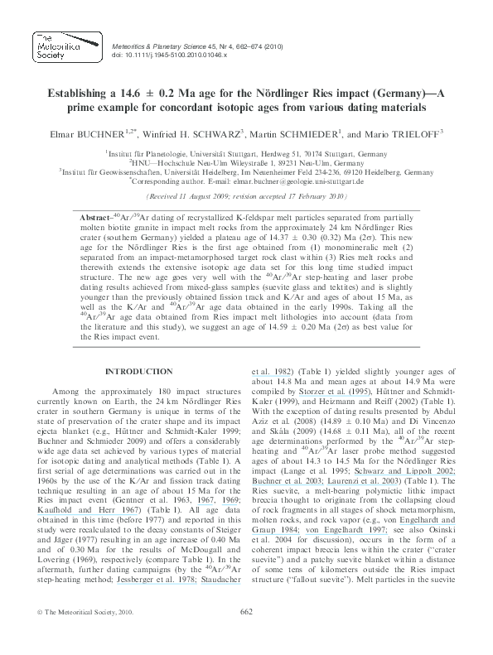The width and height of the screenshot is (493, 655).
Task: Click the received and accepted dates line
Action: pyautogui.click(x=246, y=198)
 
